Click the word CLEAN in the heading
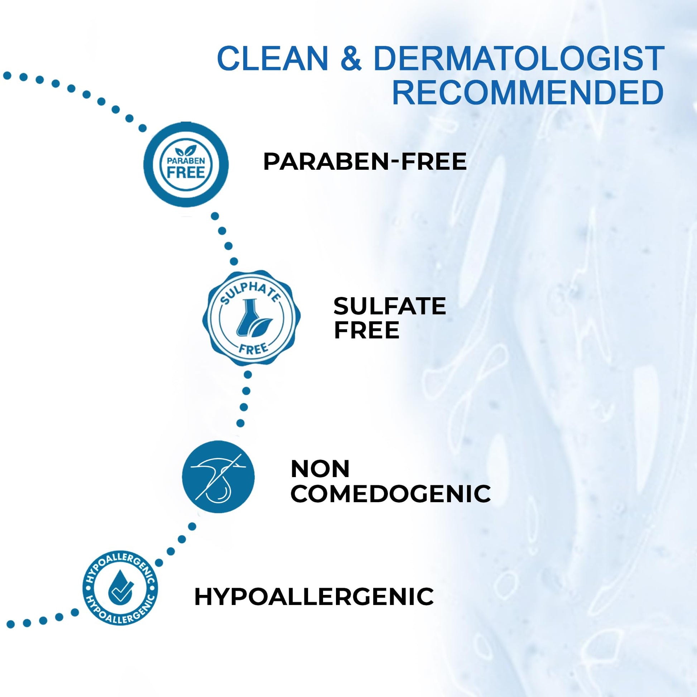coord(272,58)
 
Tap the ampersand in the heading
coord(350,58)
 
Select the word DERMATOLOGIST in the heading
coord(519,58)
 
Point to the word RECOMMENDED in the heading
coord(528,93)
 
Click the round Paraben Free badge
coord(186,164)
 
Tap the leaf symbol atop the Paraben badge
coord(186,150)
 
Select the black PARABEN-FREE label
coord(365,161)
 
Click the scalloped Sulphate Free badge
coord(251,318)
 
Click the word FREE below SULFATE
coord(366,330)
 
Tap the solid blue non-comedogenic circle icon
coord(218,477)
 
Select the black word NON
coord(320,468)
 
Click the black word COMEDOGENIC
coord(390,493)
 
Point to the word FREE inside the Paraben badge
coord(186,172)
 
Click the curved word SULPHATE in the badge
coord(250,292)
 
